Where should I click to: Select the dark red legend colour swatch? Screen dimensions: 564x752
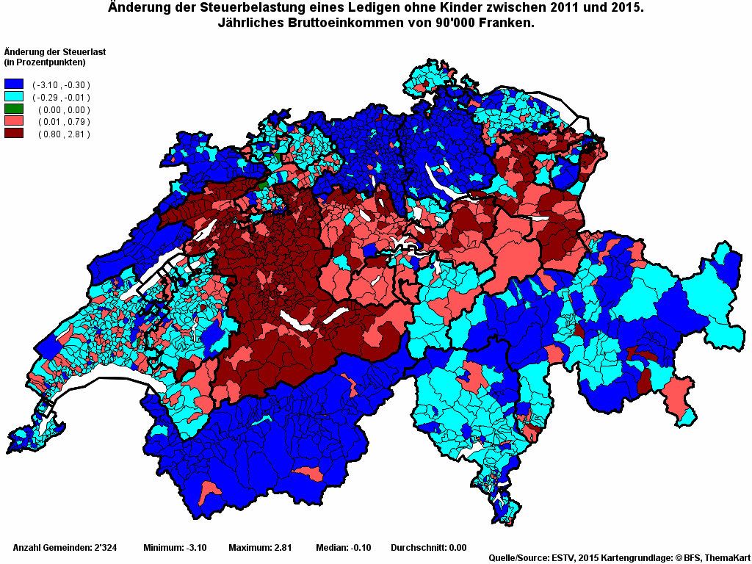(x=14, y=134)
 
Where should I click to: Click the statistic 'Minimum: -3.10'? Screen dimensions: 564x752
(x=175, y=548)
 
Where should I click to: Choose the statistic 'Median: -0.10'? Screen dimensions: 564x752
(x=343, y=548)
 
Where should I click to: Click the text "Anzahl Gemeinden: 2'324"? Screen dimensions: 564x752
(x=62, y=548)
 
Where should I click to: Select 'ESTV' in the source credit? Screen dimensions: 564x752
(x=563, y=558)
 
